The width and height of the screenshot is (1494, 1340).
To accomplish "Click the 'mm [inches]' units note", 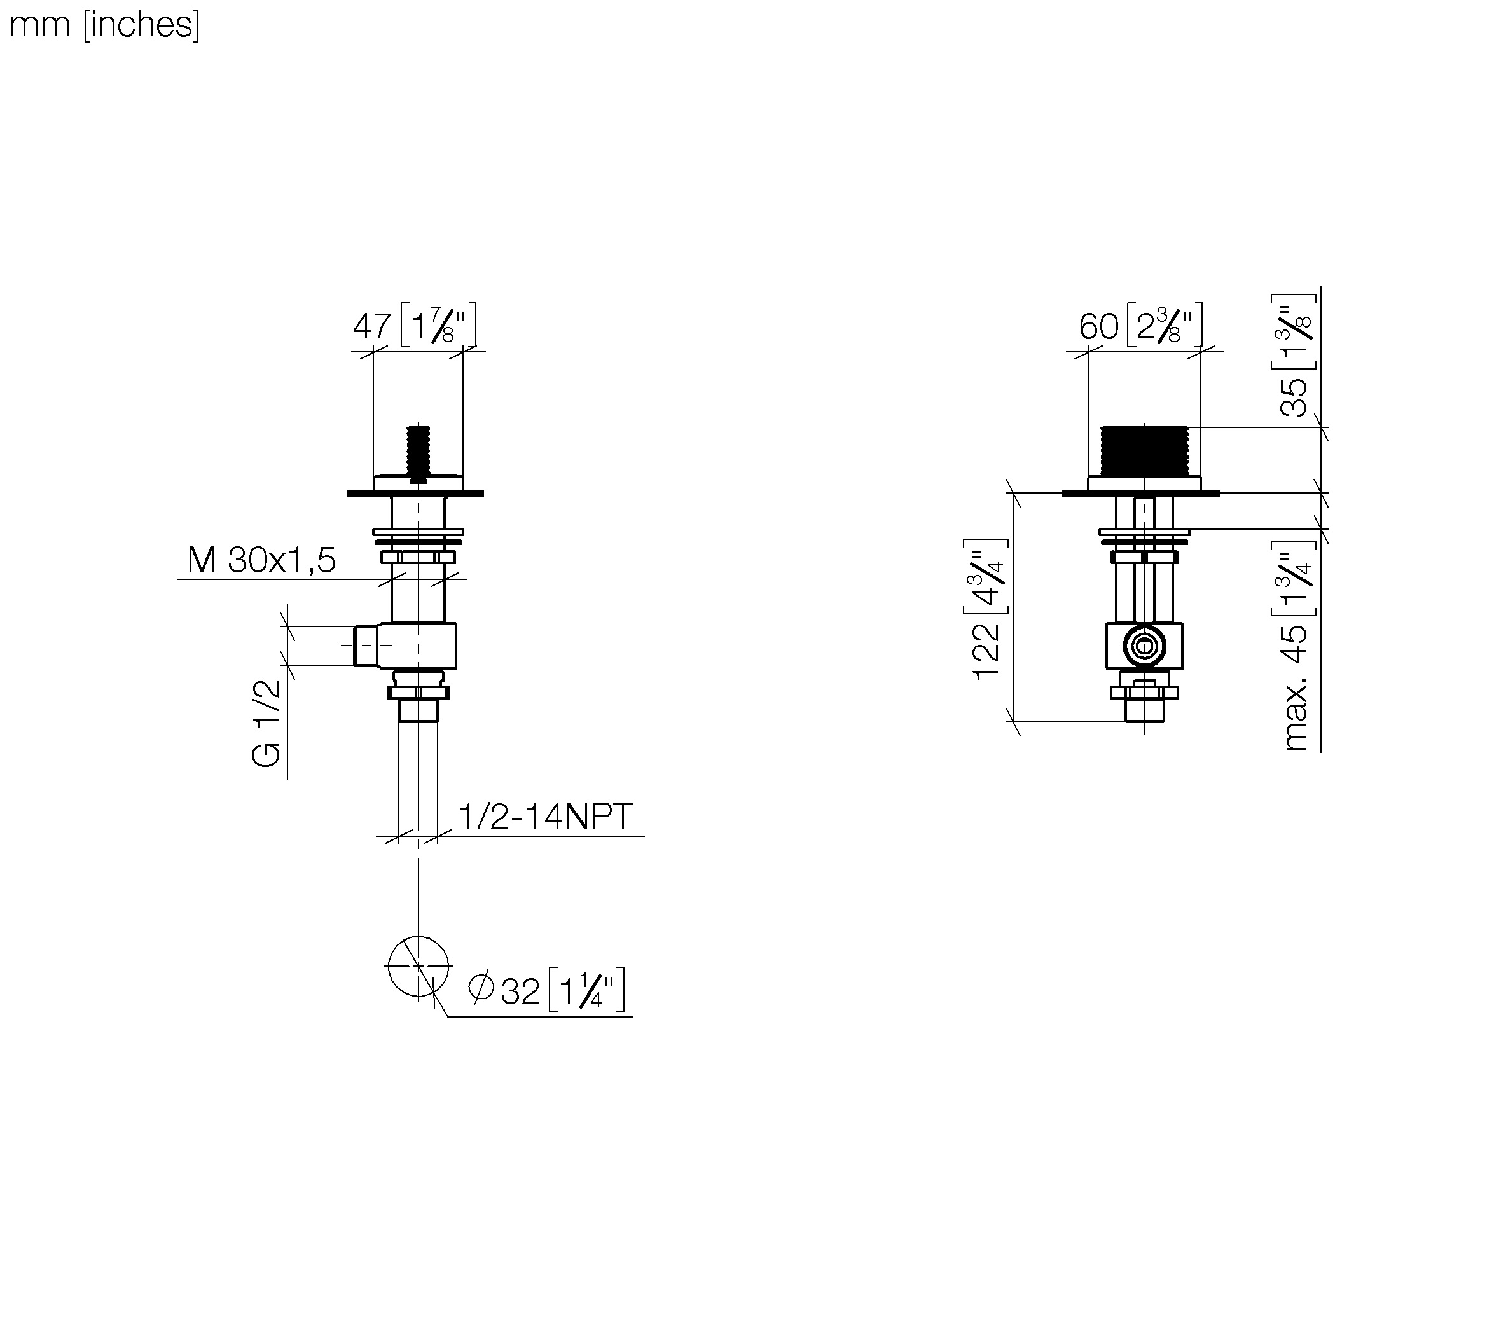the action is coord(104,25).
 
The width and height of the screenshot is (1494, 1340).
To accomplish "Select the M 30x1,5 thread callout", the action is coord(261,560).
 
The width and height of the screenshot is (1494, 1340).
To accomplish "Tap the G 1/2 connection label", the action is coord(266,723).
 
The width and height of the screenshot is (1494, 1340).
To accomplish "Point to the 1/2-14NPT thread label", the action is coord(546,816).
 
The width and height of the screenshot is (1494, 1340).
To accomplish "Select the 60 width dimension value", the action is coord(1098,326).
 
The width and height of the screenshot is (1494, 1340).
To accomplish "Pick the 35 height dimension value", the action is coord(1294,397).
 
